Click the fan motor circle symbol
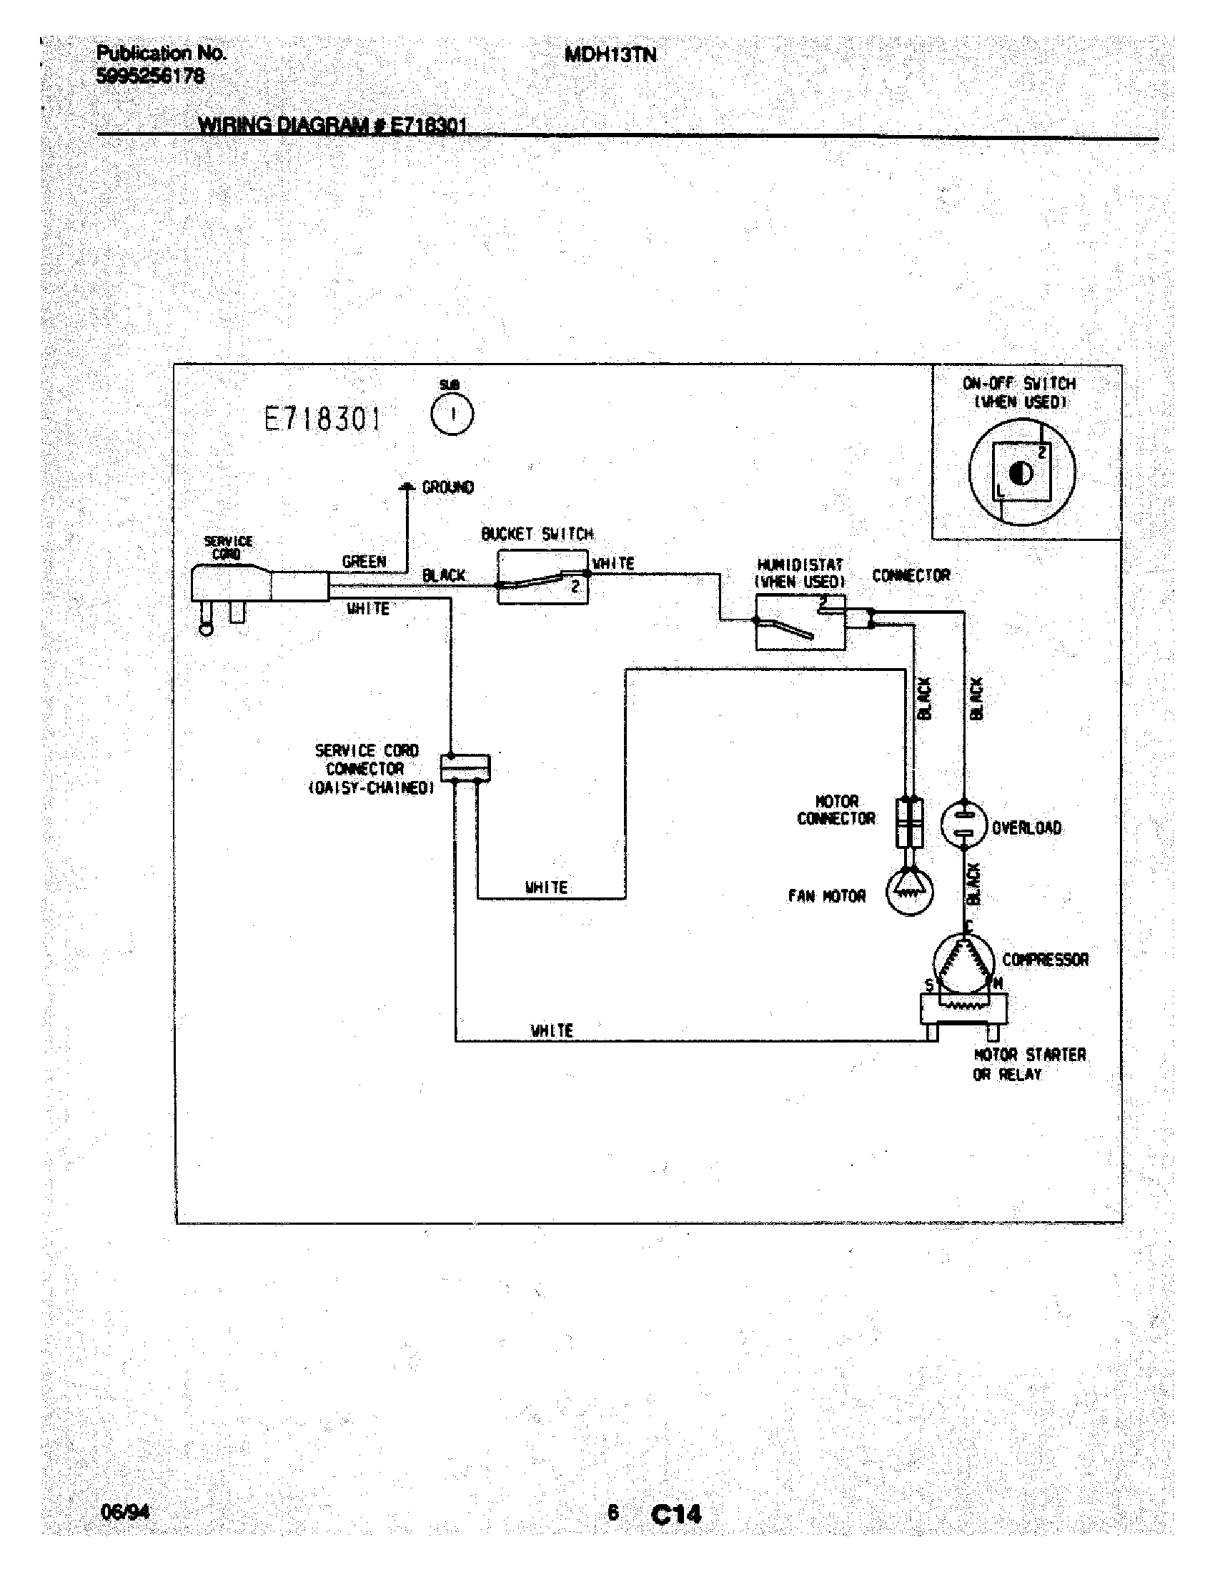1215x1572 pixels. pyautogui.click(x=909, y=892)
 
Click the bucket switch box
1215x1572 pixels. pyautogui.click(x=542, y=578)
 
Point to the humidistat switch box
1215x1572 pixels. pyautogui.click(x=800, y=622)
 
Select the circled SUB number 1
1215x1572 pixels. pyautogui.click(x=452, y=415)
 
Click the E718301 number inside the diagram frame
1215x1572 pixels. pyautogui.click(x=322, y=418)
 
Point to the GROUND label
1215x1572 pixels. pyautogui.click(x=447, y=487)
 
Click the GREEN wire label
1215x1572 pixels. pyautogui.click(x=364, y=562)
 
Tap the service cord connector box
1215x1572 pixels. pyautogui.click(x=465, y=767)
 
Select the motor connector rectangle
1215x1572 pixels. pyautogui.click(x=909, y=822)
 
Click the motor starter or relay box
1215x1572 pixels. pyautogui.click(x=964, y=1009)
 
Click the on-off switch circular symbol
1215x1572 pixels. pyautogui.click(x=1021, y=473)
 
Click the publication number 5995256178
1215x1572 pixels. pyautogui.click(x=150, y=76)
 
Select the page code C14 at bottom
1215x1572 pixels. pyautogui.click(x=675, y=1514)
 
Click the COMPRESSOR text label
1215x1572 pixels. pyautogui.click(x=1045, y=960)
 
